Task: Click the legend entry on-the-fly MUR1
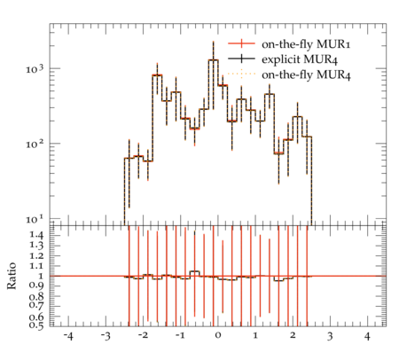pos(306,44)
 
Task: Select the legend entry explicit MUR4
pos(300,59)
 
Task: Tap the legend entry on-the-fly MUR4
pos(306,74)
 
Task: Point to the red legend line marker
pos(241,43)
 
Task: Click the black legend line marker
pos(241,59)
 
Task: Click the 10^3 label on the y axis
pos(35,69)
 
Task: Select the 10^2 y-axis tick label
pos(35,145)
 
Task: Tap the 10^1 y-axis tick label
pos(35,220)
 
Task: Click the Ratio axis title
pos(12,276)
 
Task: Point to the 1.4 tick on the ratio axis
pos(36,235)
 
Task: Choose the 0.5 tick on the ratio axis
pos(36,325)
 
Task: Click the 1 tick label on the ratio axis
pos(41,276)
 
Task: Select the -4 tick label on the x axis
pos(68,336)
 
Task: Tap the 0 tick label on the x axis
pos(218,335)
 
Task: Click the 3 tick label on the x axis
pos(330,336)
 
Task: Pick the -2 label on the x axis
pos(143,335)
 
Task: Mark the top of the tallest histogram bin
pos(213,59)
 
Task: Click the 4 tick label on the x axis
pos(367,336)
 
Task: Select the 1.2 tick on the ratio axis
pos(36,255)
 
